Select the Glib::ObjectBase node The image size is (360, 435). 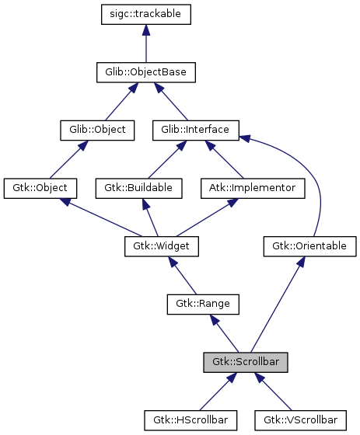click(146, 72)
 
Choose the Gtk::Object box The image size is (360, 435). click(40, 188)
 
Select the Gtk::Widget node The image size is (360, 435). click(162, 246)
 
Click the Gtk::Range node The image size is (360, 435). click(197, 304)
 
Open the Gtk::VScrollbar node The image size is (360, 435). click(300, 420)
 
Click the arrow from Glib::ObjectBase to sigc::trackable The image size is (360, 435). click(146, 43)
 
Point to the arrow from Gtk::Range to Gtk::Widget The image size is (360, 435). click(180, 275)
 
